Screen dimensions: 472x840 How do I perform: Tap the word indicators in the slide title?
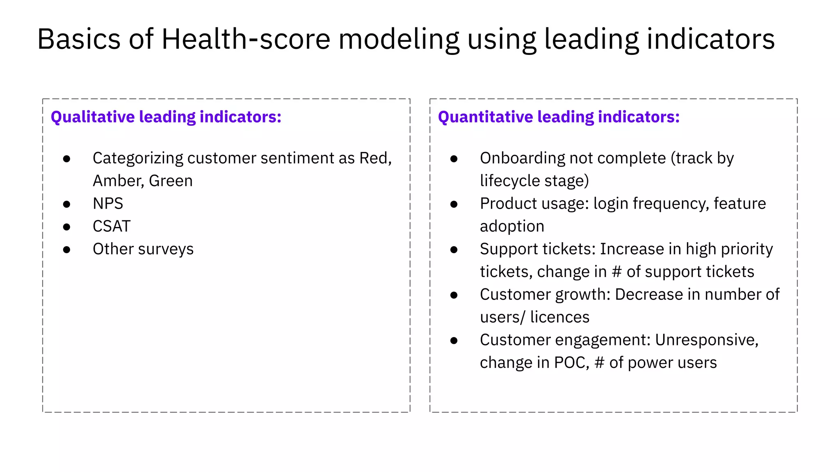point(710,39)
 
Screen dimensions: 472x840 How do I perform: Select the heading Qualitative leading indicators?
point(166,117)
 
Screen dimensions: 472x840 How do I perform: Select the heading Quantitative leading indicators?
point(558,117)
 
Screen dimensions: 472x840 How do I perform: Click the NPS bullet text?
point(108,204)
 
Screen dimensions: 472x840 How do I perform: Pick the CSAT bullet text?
point(112,226)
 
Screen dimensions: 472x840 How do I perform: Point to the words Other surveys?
point(143,249)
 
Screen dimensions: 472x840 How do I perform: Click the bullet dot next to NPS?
point(66,204)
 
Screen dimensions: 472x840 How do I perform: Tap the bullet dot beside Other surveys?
point(66,250)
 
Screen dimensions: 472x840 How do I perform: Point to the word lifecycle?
point(504,181)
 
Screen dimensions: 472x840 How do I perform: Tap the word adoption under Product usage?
point(512,227)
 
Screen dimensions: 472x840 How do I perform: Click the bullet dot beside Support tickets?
point(454,250)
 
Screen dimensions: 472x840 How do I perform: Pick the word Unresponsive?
point(706,340)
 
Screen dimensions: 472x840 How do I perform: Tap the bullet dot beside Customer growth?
point(454,295)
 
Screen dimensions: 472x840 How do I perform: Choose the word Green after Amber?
point(171,181)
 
